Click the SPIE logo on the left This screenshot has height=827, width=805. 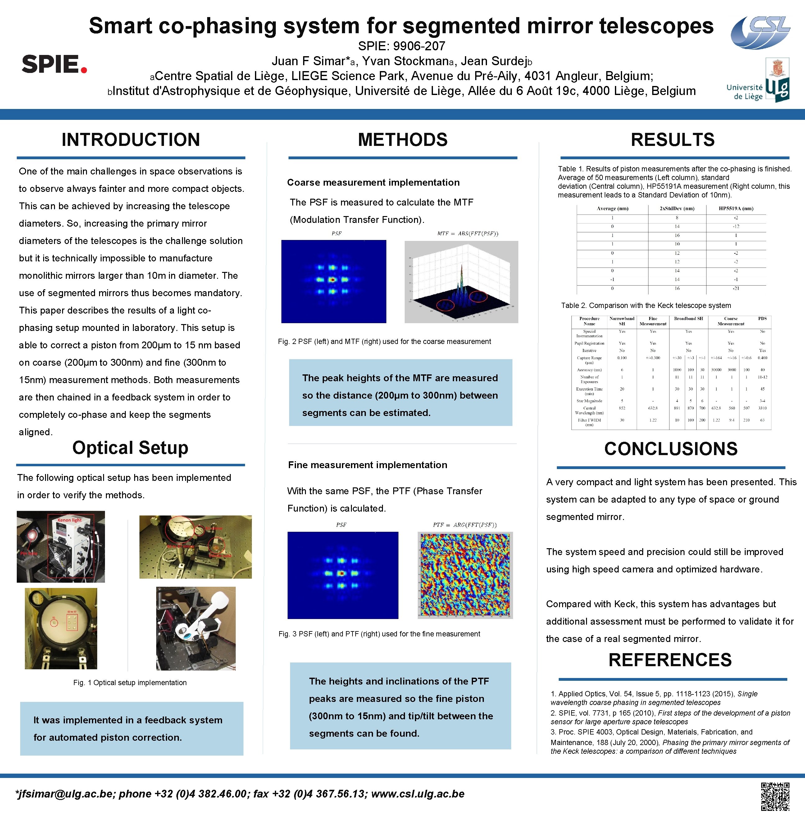54,64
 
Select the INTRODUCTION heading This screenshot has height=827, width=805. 131,140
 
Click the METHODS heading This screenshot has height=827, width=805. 402,140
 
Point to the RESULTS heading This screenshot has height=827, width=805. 673,140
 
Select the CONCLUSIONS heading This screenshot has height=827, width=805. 671,449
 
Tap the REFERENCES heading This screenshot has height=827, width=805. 670,660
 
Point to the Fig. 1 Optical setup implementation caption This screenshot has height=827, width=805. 130,682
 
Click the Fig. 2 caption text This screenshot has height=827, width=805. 384,341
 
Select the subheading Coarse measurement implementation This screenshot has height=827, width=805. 373,183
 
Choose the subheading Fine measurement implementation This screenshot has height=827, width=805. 367,465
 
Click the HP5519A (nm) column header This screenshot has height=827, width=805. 736,208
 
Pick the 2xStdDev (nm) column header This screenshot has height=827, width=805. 677,208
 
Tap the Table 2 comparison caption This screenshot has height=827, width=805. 646,305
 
